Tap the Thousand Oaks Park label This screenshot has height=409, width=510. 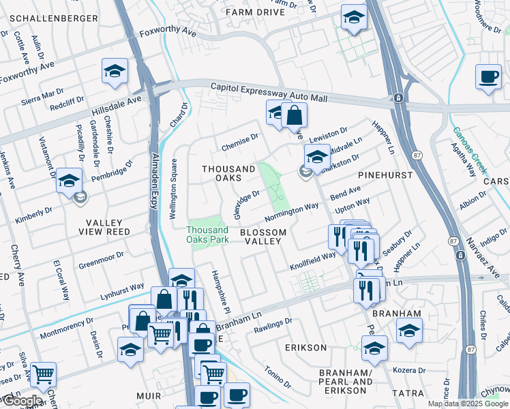tap(208, 234)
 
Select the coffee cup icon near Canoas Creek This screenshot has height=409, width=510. tap(487, 78)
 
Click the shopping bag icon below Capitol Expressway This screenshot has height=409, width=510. tap(294, 115)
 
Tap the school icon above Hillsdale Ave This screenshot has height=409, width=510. tap(115, 71)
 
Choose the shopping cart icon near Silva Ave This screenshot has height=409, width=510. tap(43, 374)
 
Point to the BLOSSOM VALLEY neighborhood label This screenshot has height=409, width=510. tap(262, 238)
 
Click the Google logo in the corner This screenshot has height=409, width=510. tap(22, 401)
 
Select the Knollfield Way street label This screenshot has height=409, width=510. tap(312, 260)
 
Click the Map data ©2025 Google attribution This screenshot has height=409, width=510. tap(468, 404)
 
